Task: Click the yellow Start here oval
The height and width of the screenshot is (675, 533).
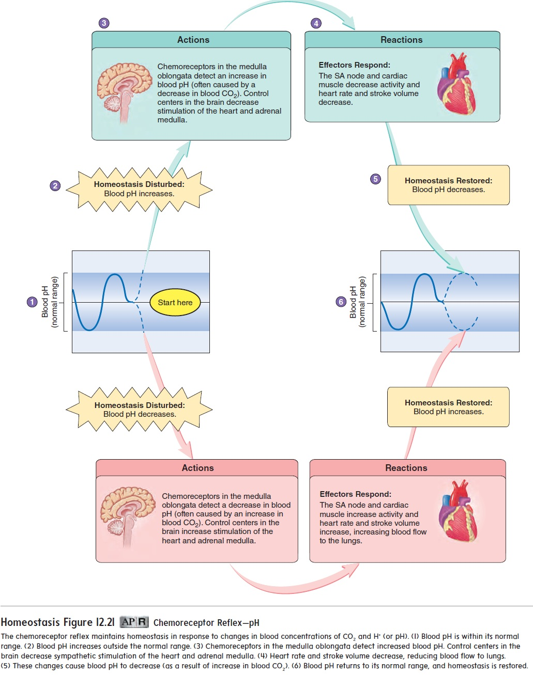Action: tap(175, 303)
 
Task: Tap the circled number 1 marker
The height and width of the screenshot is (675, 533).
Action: tap(32, 302)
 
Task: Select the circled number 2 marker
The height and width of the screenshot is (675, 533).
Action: tap(55, 186)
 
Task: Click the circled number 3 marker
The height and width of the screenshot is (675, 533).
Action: tap(104, 23)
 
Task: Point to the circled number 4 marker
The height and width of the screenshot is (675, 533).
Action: tap(316, 23)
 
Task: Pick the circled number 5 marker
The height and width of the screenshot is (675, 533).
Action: tap(375, 179)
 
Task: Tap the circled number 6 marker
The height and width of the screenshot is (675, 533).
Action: tap(341, 302)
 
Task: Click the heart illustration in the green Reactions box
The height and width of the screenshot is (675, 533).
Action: tap(456, 84)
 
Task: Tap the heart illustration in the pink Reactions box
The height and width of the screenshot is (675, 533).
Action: tap(458, 511)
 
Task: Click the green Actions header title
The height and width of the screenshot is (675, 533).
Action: tap(193, 40)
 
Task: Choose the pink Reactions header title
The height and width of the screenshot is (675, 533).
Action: tap(406, 468)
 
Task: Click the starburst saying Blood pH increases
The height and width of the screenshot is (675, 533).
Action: tap(139, 189)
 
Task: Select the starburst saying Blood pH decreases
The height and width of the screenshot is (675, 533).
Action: tap(139, 410)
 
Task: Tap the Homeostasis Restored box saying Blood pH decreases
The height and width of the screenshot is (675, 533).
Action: tap(448, 185)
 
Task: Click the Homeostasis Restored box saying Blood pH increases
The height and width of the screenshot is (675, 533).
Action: tap(448, 407)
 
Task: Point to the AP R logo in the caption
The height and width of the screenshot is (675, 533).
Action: tap(134, 622)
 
